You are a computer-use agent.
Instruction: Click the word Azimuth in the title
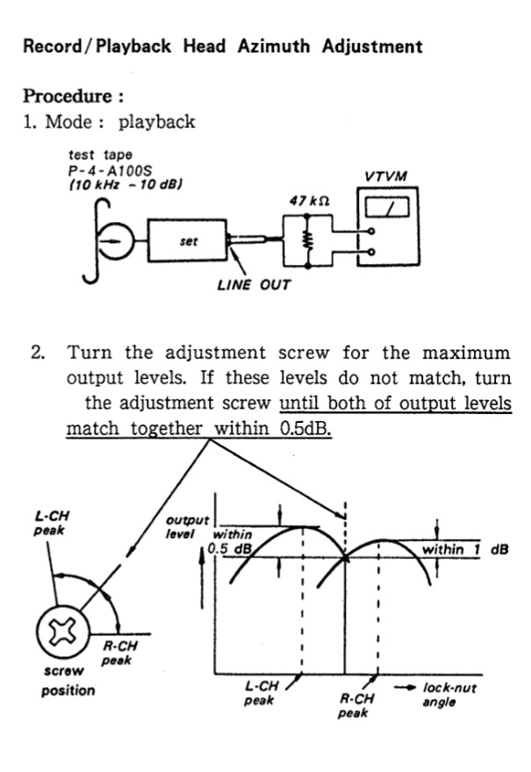(273, 46)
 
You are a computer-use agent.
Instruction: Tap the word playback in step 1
(157, 121)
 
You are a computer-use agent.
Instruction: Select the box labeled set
(187, 239)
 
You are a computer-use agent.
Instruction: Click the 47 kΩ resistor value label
(308, 201)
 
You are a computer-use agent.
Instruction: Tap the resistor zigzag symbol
(307, 239)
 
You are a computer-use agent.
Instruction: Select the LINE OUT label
(254, 284)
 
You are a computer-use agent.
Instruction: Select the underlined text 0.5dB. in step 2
(305, 431)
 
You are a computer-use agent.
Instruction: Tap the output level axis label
(187, 526)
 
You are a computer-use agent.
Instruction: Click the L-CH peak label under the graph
(261, 694)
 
